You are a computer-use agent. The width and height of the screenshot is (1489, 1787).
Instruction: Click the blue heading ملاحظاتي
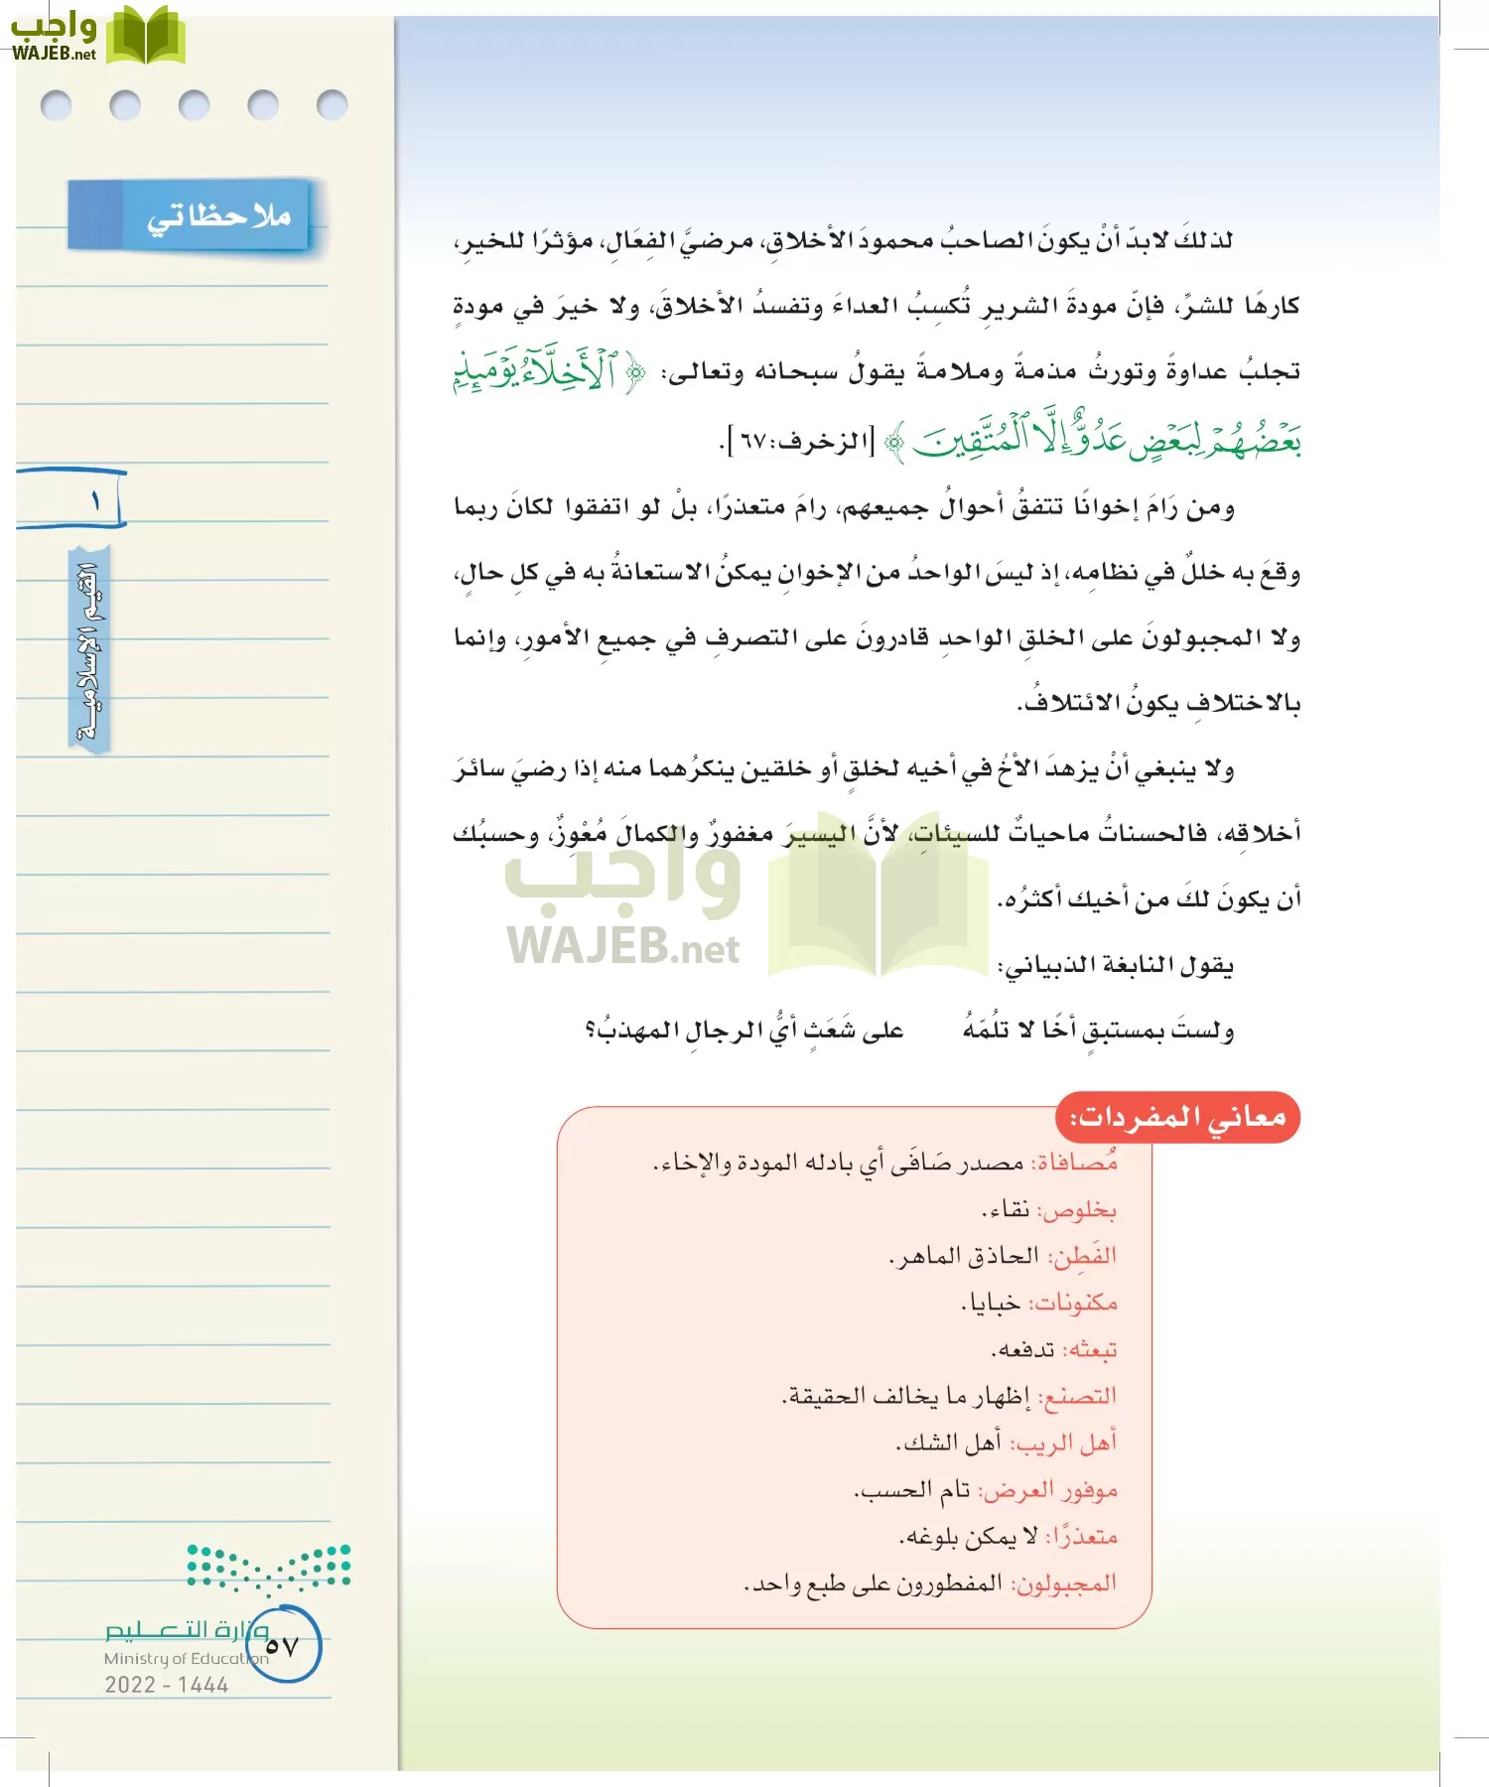click(x=218, y=215)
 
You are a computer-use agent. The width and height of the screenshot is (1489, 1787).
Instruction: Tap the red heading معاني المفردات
click(x=1178, y=1119)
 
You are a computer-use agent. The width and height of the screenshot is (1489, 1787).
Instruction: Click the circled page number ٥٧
click(x=282, y=1646)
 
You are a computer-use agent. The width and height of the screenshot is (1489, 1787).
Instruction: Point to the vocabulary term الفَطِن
click(x=1083, y=1256)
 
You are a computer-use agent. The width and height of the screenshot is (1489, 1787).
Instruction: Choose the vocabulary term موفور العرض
click(x=1050, y=1490)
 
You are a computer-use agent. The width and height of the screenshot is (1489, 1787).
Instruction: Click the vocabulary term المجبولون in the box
click(x=1065, y=1583)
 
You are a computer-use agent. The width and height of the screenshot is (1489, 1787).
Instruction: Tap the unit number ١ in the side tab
click(x=95, y=501)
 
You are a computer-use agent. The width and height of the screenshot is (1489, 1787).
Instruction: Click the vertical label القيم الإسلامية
click(x=89, y=650)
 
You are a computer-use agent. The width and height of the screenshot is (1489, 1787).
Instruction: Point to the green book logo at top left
click(x=145, y=36)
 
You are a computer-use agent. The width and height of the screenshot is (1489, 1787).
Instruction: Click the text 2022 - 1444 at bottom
click(x=167, y=1685)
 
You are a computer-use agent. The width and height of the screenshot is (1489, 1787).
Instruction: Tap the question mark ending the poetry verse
click(x=591, y=1031)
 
